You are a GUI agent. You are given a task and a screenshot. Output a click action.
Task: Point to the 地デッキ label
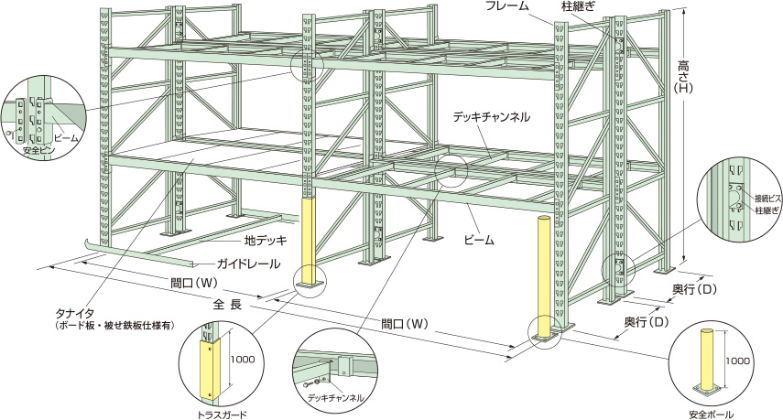click(266, 242)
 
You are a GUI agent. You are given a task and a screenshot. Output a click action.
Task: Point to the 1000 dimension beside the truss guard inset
click(242, 360)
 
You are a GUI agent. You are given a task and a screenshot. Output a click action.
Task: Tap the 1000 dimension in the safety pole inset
click(742, 361)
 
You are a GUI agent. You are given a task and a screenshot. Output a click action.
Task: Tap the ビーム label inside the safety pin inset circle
click(66, 137)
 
